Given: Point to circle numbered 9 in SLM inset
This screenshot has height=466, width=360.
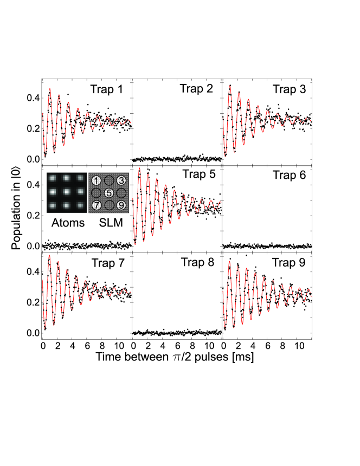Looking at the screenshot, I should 121,205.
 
